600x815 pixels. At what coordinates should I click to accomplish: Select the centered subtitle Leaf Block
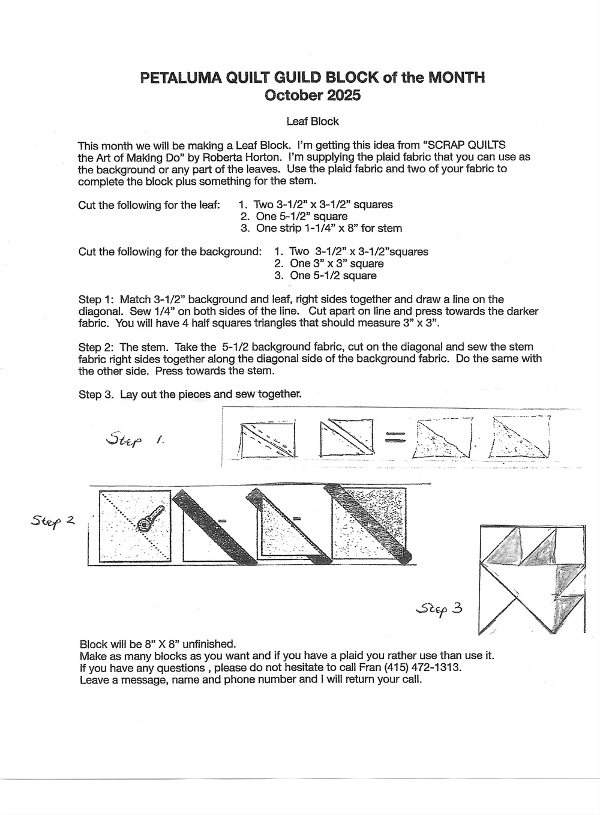point(313,121)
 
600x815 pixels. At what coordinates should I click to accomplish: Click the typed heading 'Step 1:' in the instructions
point(97,299)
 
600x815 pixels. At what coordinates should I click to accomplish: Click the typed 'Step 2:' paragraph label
point(97,347)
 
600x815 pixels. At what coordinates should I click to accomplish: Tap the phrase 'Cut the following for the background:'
point(170,251)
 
